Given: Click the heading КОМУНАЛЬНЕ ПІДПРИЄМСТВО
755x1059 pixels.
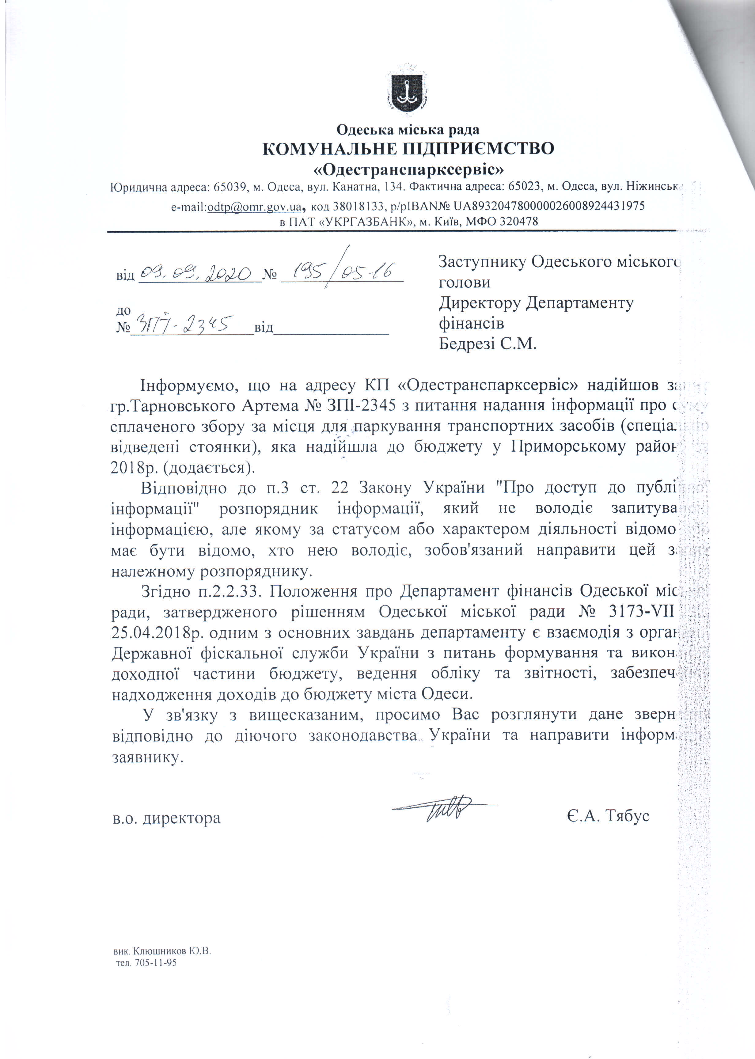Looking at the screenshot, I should [x=408, y=149].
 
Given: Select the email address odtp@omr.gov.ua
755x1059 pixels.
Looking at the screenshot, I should [x=254, y=206].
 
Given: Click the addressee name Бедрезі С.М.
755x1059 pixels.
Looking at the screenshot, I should [x=488, y=344].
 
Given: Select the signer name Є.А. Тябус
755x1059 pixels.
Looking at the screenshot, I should [x=608, y=816].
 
